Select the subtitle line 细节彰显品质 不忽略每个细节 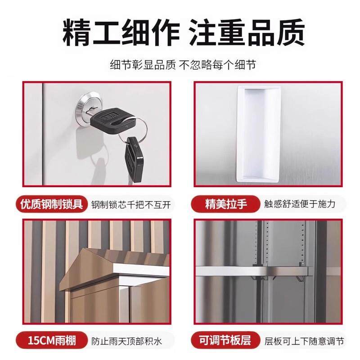pos(180,64)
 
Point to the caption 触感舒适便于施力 pos(300,204)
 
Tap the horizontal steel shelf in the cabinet pos(252,271)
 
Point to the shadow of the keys pos(97,162)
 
